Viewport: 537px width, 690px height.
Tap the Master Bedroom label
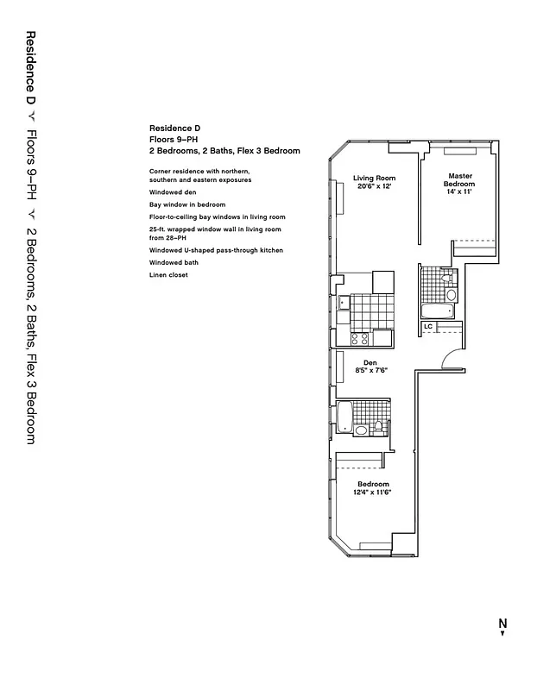[459, 179]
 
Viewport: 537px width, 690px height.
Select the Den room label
[371, 362]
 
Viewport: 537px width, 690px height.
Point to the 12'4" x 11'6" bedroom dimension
[373, 492]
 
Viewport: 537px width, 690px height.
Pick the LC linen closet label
[427, 327]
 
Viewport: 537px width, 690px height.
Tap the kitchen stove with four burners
[360, 339]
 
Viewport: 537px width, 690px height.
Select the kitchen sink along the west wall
[344, 303]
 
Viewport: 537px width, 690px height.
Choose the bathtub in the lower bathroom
[344, 417]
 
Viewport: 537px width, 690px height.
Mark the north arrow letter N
[502, 623]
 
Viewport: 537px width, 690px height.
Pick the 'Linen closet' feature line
[167, 274]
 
